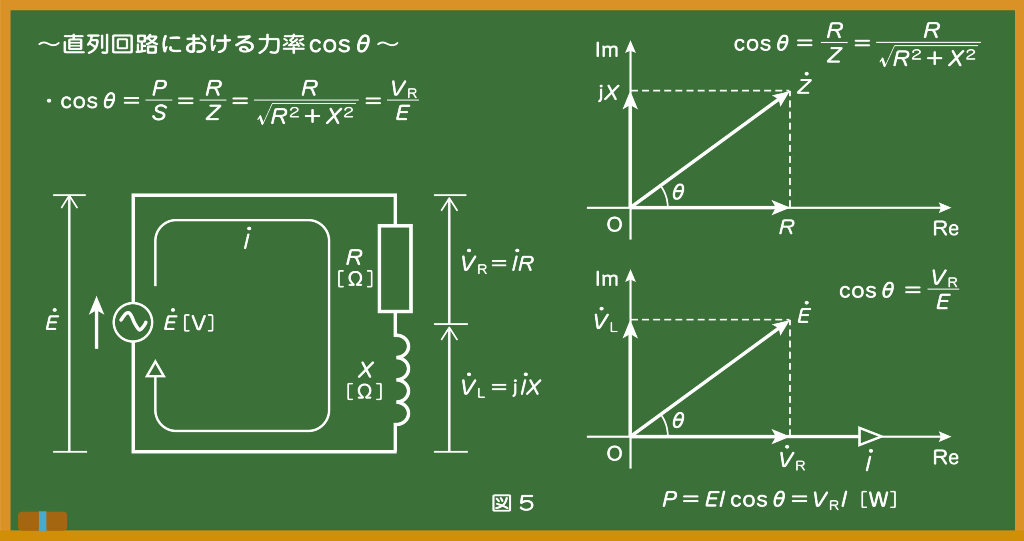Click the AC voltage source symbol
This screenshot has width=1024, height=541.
click(x=133, y=322)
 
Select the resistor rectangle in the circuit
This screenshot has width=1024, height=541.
click(x=395, y=268)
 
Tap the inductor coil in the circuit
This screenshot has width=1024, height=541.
click(x=402, y=380)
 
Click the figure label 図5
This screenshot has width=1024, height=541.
click(x=513, y=503)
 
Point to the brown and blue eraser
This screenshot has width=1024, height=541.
click(x=42, y=521)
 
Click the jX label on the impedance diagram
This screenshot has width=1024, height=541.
click(x=608, y=92)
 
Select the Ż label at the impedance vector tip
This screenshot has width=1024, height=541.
click(x=804, y=84)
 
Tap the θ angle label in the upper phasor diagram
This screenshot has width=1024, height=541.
click(x=678, y=192)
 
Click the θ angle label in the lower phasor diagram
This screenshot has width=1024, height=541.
click(x=678, y=420)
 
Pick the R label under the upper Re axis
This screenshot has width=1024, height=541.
click(x=787, y=227)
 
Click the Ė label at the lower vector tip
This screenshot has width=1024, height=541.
click(x=804, y=312)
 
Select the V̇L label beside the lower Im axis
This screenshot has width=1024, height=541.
click(x=606, y=319)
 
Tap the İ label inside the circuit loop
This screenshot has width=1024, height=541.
click(x=248, y=238)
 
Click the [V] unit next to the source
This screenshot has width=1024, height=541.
click(x=198, y=323)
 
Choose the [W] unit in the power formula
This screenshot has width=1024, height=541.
click(x=878, y=499)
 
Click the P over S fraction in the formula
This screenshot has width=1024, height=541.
click(x=159, y=100)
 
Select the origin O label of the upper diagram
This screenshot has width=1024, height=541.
click(x=614, y=225)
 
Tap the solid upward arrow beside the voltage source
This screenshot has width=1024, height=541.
click(x=96, y=322)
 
